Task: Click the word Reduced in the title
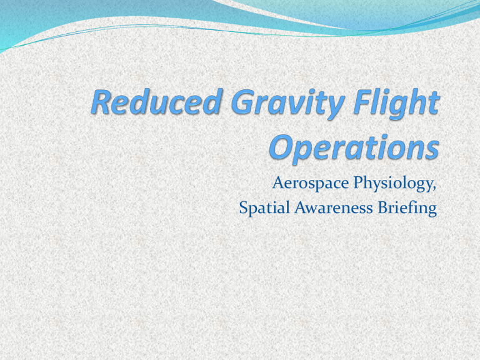pyautogui.click(x=156, y=102)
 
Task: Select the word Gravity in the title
pyautogui.click(x=287, y=104)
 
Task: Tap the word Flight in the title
pyautogui.click(x=396, y=104)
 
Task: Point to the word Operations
pyautogui.click(x=354, y=149)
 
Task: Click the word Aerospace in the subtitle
pyautogui.click(x=311, y=183)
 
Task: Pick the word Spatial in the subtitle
pyautogui.click(x=264, y=208)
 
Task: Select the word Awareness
pyautogui.click(x=333, y=208)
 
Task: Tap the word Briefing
pyautogui.click(x=407, y=208)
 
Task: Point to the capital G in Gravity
pyautogui.click(x=243, y=102)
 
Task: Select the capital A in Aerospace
pyautogui.click(x=279, y=182)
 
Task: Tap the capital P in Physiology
pyautogui.click(x=359, y=182)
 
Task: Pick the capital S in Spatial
pyautogui.click(x=243, y=208)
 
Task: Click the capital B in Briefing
pyautogui.click(x=382, y=208)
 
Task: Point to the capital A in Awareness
pyautogui.click(x=301, y=208)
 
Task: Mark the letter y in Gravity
pyautogui.click(x=336, y=107)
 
